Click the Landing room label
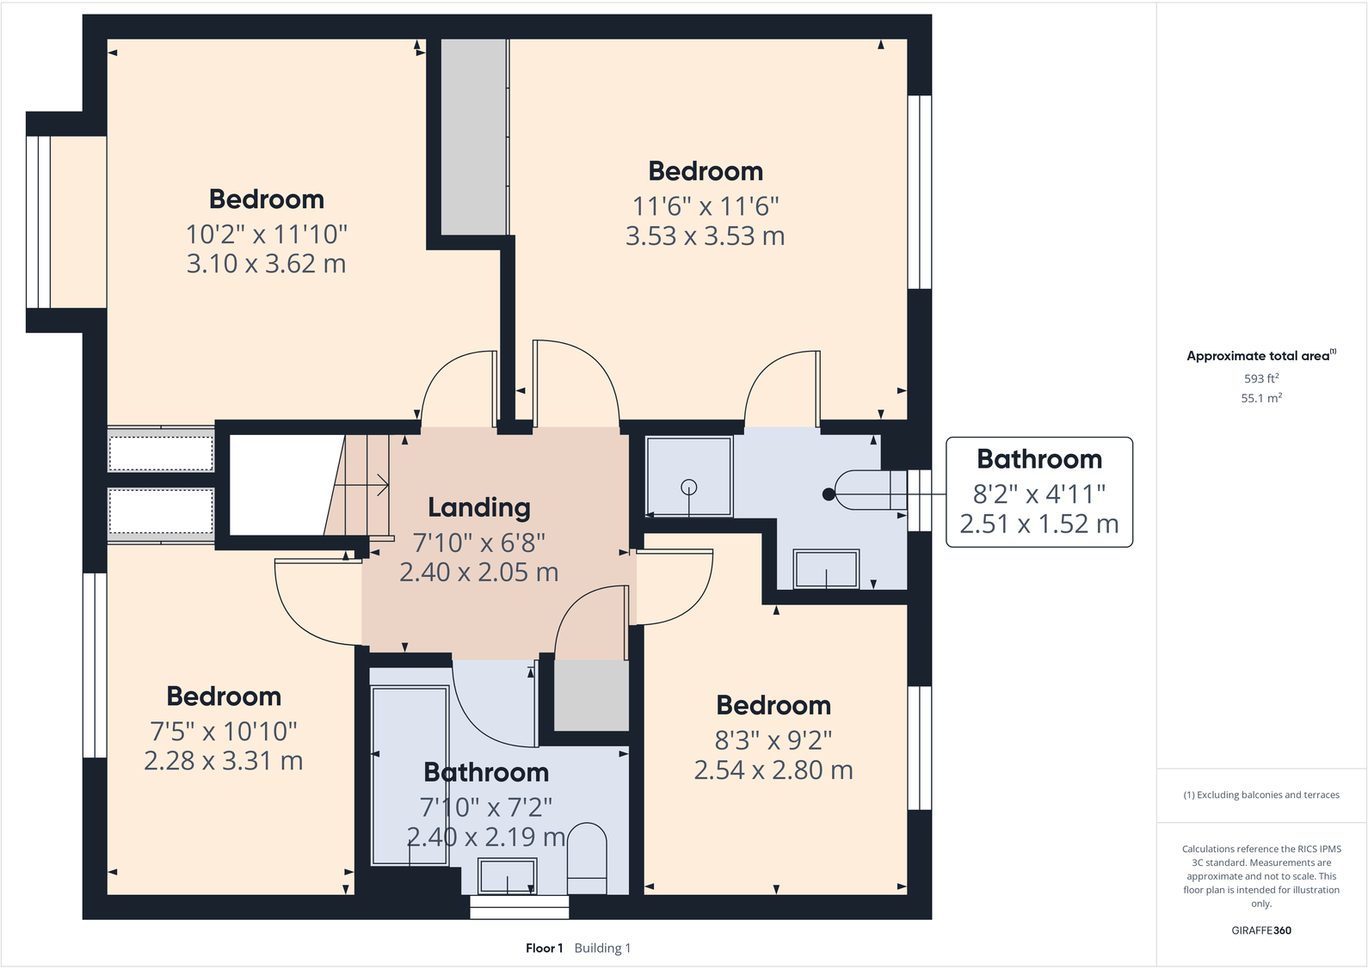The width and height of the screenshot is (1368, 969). point(479,508)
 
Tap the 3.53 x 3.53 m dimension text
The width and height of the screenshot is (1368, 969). point(705,236)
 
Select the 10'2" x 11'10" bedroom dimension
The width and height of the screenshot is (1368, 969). point(267,234)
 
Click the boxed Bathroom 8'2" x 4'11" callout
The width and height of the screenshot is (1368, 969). point(1038,492)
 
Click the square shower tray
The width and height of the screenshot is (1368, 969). point(688,476)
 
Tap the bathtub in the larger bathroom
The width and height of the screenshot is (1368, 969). point(410,774)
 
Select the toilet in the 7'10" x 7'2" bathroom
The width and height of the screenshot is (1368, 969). point(587,858)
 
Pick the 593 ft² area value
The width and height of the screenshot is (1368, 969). point(1260,378)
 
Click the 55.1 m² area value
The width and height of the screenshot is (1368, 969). point(1260,398)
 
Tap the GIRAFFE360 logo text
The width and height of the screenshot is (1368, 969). point(1260,930)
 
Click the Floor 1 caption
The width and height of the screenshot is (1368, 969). point(544,948)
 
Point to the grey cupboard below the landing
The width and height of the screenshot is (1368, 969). point(591,695)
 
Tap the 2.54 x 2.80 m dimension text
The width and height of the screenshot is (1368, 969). point(773,770)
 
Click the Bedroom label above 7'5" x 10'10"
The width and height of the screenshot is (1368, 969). point(224,696)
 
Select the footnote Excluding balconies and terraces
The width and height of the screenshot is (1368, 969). point(1260,795)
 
